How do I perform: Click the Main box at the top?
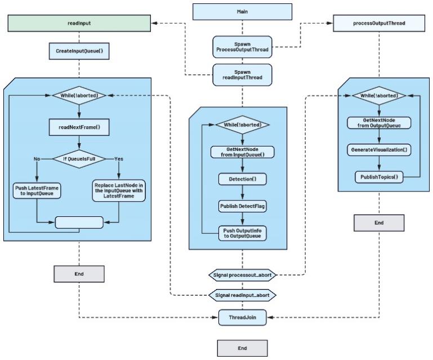click(242, 11)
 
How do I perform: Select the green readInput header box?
click(79, 24)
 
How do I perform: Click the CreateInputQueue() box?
click(79, 52)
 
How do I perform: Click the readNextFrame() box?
click(79, 127)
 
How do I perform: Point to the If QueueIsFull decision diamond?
click(79, 159)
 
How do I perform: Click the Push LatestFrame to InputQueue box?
click(35, 190)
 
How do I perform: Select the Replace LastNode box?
click(119, 190)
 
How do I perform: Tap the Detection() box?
click(242, 179)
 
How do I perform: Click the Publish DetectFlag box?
click(242, 206)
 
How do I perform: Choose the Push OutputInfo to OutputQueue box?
click(242, 233)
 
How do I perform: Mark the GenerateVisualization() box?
click(378, 150)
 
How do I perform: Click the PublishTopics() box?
click(378, 177)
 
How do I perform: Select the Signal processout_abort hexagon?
click(242, 274)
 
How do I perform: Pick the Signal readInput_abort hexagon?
click(242, 295)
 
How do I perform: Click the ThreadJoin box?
click(242, 317)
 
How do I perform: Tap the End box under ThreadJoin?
click(242, 348)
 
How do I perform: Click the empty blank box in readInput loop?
click(79, 222)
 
